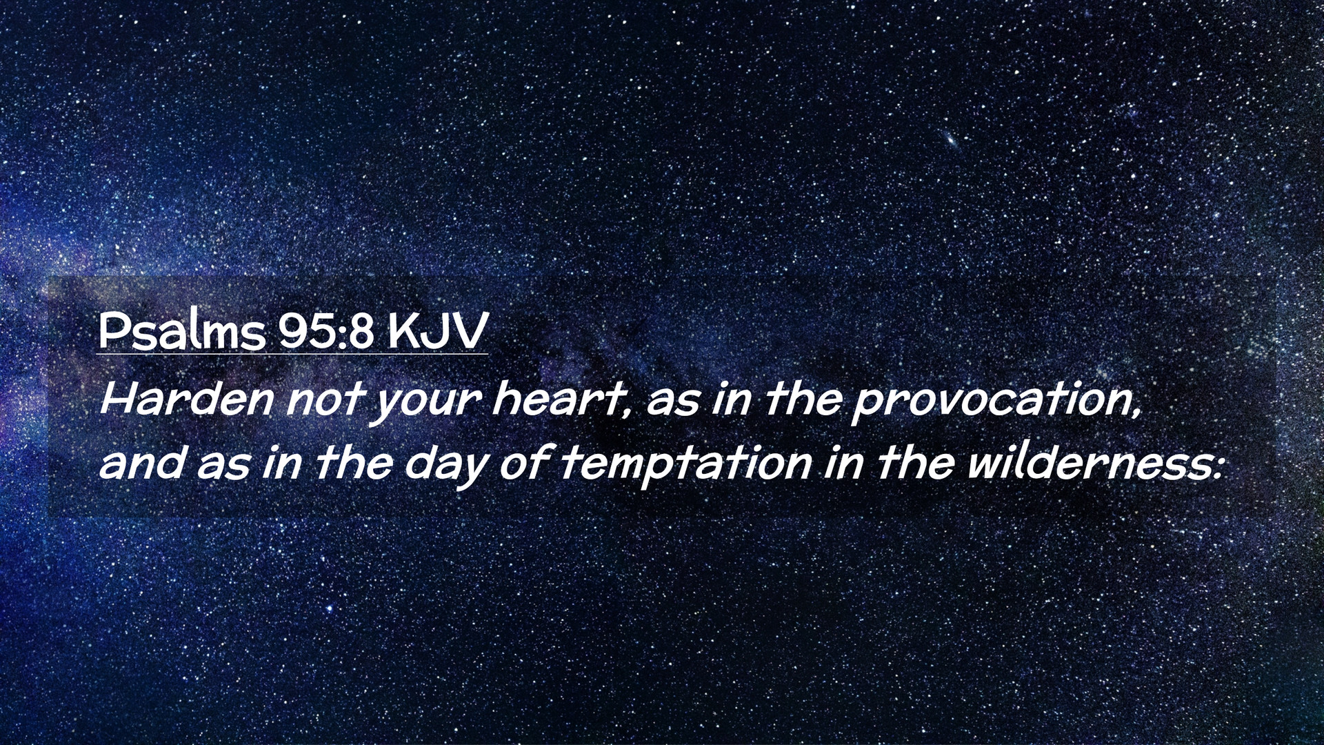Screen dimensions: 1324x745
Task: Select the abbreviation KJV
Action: pyautogui.click(x=437, y=332)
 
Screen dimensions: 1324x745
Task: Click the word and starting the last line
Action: pyautogui.click(x=141, y=464)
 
